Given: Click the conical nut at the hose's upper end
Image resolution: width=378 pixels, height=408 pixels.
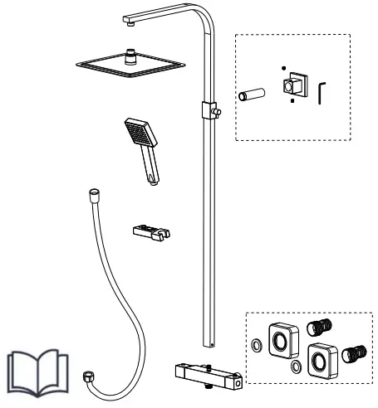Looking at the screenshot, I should [91, 195].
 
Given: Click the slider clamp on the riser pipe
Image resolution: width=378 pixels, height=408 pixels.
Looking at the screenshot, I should [209, 109].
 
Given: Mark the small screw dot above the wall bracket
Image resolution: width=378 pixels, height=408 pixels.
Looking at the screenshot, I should [283, 68].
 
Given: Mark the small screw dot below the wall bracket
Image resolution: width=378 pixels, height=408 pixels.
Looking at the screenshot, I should [292, 104].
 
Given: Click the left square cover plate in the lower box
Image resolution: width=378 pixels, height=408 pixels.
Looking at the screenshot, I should [281, 338].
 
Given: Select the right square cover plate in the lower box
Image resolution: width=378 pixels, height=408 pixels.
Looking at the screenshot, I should [320, 357].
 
